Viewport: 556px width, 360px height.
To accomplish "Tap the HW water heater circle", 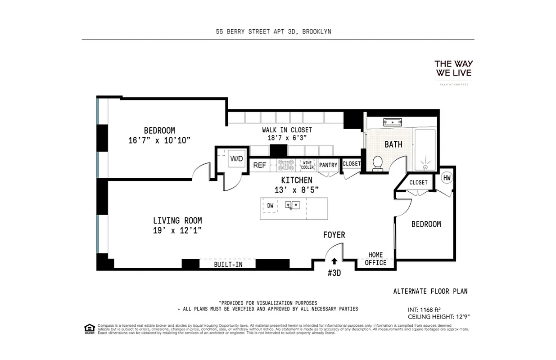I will pyautogui.click(x=447, y=178).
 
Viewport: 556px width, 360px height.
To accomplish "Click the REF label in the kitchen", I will pyautogui.click(x=259, y=165).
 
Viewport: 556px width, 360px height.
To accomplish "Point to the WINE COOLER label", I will pyautogui.click(x=307, y=165).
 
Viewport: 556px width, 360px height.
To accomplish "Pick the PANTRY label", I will pyautogui.click(x=328, y=165).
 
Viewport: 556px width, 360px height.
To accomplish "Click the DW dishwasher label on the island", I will pyautogui.click(x=270, y=206).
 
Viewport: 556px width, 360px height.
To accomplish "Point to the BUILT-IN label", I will pyautogui.click(x=228, y=265).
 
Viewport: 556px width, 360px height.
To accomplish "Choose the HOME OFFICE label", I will pyautogui.click(x=375, y=259).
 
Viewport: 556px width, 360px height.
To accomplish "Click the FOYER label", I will pyautogui.click(x=334, y=235).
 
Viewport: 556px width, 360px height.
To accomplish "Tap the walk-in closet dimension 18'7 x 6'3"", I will pyautogui.click(x=287, y=138).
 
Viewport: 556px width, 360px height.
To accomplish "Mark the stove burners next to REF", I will pyautogui.click(x=285, y=165).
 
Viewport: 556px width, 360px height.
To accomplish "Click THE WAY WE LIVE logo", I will pyautogui.click(x=453, y=68).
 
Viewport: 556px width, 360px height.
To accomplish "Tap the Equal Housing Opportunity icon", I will pyautogui.click(x=89, y=329).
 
